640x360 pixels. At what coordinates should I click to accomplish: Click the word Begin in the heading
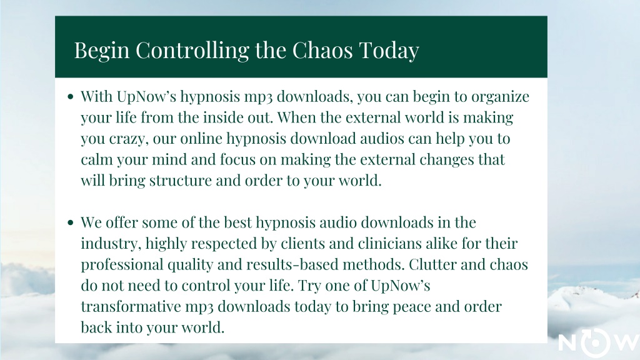click(x=102, y=51)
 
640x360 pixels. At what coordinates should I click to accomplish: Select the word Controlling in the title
click(x=192, y=51)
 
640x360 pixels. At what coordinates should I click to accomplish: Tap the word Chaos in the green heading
click(x=322, y=50)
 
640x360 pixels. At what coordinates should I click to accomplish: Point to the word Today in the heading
click(x=389, y=51)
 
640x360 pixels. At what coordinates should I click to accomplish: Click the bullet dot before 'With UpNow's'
click(x=71, y=97)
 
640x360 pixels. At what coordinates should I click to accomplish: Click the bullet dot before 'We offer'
click(x=71, y=223)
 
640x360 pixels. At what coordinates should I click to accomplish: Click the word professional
click(x=122, y=265)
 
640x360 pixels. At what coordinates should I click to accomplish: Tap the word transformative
click(x=131, y=306)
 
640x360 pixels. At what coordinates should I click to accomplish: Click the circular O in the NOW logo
click(x=595, y=343)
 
